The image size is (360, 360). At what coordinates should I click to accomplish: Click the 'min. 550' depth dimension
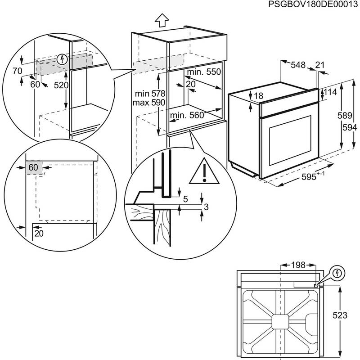(x=205, y=72)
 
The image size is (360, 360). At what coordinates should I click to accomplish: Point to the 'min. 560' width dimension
(x=187, y=116)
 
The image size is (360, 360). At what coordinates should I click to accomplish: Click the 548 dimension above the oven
(x=297, y=65)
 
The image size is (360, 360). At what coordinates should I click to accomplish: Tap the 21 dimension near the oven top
(x=320, y=65)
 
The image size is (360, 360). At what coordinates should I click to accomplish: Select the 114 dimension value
(x=331, y=92)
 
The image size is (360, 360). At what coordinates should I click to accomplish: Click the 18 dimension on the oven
(x=258, y=96)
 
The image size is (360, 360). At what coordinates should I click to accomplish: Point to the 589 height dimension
(x=342, y=116)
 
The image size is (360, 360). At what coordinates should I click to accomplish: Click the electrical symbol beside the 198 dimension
(x=337, y=273)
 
